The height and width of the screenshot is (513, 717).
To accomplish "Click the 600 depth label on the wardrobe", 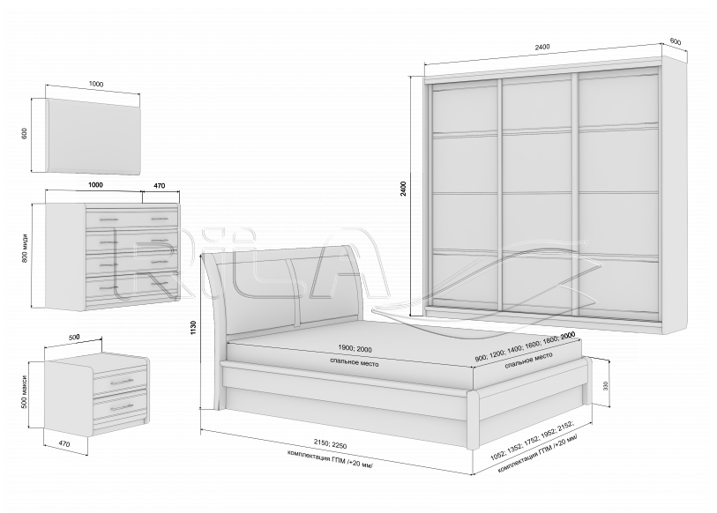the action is pyautogui.click(x=675, y=41).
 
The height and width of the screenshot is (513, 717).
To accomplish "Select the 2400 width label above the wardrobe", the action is pyautogui.click(x=541, y=47).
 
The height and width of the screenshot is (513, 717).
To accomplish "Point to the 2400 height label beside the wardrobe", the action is pyautogui.click(x=403, y=189).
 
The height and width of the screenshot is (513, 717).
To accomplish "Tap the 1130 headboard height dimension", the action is pyautogui.click(x=193, y=329).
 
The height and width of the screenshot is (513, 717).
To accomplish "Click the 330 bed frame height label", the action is pyautogui.click(x=605, y=386).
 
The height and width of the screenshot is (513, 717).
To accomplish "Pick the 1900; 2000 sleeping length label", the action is pyautogui.click(x=355, y=349).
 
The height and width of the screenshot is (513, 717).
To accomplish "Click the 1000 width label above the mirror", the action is pyautogui.click(x=96, y=84).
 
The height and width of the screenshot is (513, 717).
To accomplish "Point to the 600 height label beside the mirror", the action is pyautogui.click(x=25, y=133).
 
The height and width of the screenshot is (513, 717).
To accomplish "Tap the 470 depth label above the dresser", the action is pyautogui.click(x=159, y=186).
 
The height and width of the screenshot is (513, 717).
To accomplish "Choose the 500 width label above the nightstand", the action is pyautogui.click(x=73, y=337).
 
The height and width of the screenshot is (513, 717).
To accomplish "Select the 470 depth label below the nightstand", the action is pyautogui.click(x=64, y=444).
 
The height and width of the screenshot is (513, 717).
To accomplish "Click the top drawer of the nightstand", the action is pyautogui.click(x=120, y=382).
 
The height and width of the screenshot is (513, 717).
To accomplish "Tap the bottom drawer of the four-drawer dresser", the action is pyautogui.click(x=132, y=286).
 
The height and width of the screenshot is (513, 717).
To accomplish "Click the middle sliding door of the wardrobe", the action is pyautogui.click(x=538, y=194).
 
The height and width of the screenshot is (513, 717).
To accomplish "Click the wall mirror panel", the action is pyautogui.click(x=93, y=137).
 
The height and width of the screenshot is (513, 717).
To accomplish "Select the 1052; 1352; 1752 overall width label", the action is pyautogui.click(x=533, y=438).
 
